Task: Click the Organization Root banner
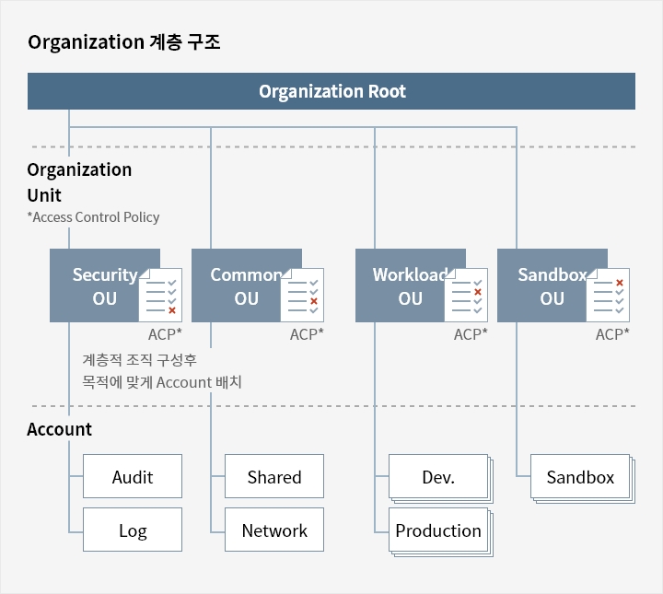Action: click(331, 91)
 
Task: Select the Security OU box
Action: click(98, 285)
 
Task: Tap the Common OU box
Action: click(238, 285)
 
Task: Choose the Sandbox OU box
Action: click(544, 285)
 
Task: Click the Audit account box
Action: click(133, 476)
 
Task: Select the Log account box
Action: click(133, 530)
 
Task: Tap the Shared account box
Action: click(274, 476)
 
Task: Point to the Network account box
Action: click(274, 530)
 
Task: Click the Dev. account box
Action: click(438, 476)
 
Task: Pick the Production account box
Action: click(438, 530)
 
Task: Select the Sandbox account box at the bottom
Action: click(580, 476)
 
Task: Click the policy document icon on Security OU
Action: click(160, 295)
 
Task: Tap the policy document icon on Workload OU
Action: click(466, 295)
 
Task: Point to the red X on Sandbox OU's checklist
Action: click(620, 283)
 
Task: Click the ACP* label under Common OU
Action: click(307, 334)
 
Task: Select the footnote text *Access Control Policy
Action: click(93, 217)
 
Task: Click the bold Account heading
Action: click(59, 429)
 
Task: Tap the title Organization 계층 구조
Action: click(124, 42)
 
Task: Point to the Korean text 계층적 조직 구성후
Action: click(140, 360)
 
